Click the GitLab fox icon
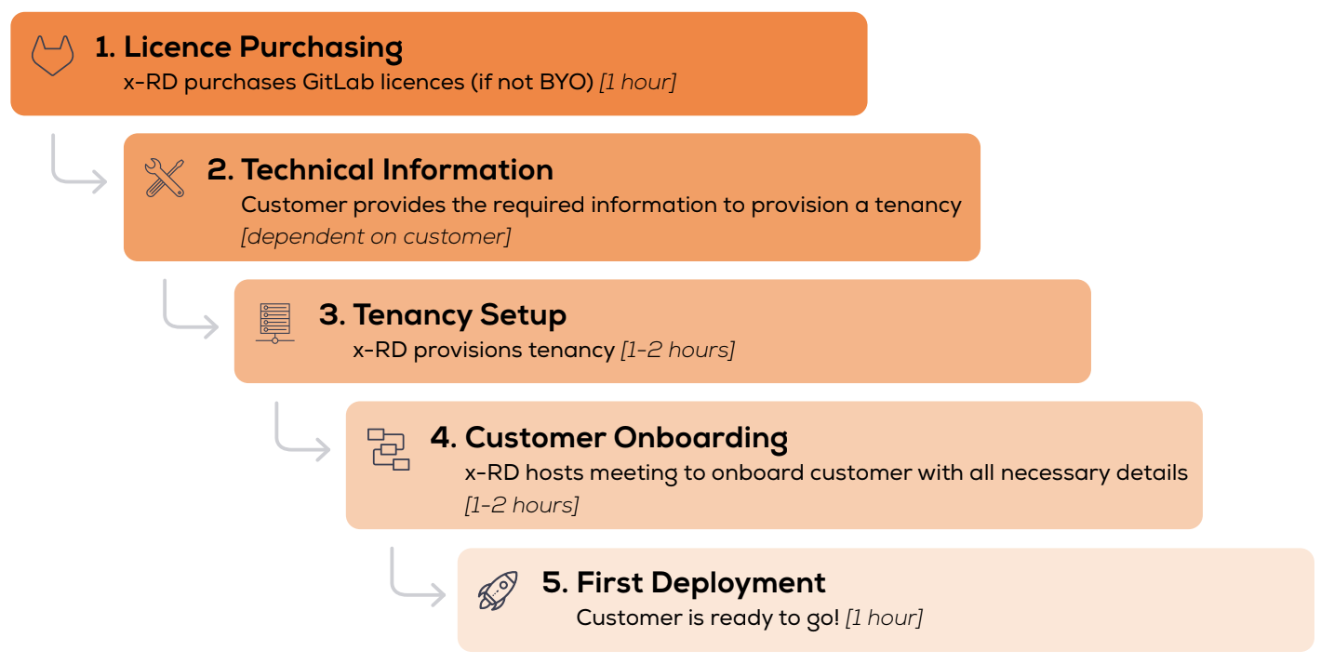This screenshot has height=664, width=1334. pos(52,56)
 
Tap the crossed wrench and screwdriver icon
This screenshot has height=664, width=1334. pos(165,178)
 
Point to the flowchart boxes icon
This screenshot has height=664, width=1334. pos(388,449)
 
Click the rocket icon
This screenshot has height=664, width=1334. pos(498,591)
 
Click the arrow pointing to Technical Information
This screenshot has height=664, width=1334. pos(65,178)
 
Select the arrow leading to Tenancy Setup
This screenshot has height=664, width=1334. pos(177,324)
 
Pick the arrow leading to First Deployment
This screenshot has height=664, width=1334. pos(405,591)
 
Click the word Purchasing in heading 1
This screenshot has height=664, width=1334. pos(321,47)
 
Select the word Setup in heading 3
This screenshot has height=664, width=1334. pos(523,315)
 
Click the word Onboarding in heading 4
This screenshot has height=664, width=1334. pos(700,438)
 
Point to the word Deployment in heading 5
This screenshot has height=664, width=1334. pos(738,583)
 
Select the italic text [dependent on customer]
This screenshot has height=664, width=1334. pos(376,236)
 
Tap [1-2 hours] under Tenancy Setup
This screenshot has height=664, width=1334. pos(678,350)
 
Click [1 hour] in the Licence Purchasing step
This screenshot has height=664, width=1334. pos(638,82)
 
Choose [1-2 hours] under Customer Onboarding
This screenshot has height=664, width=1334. pos(522,505)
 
